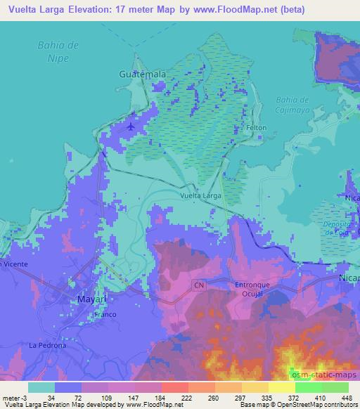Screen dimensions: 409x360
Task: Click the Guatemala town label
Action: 143,74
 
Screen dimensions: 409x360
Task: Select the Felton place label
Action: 255,128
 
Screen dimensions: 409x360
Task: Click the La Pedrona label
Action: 47,345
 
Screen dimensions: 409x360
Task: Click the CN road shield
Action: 199,285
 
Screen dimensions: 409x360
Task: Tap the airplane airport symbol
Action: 131,126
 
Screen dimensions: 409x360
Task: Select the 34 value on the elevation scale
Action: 50,398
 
